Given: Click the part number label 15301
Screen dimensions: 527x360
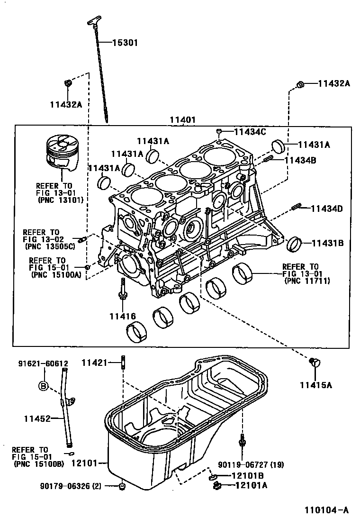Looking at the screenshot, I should point(125,43).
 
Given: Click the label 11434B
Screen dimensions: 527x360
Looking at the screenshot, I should point(300,160).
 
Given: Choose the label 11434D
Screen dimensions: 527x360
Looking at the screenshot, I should point(327,209).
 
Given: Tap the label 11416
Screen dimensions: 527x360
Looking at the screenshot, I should point(122,316).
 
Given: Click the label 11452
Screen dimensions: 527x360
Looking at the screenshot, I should point(37,418).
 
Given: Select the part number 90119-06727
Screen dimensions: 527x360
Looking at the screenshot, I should point(244,464).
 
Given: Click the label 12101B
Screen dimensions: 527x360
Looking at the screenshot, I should point(248,475).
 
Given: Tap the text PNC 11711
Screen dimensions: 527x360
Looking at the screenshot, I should point(307,281).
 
